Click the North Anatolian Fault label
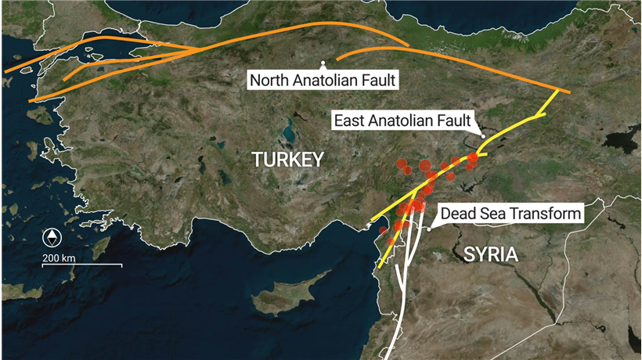pos(323,80)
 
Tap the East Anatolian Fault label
pos(402,121)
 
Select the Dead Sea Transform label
pos(510,213)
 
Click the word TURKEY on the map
pos(287,160)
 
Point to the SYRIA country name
pos(490,254)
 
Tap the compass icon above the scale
pos(52,238)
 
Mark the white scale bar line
pos(82,265)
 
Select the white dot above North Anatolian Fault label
pos(323,63)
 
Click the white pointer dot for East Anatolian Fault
pos(483,137)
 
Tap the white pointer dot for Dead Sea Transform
pos(429,229)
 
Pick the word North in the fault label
pos(268,80)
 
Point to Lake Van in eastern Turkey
pos(619,145)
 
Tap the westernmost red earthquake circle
pos(383,231)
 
